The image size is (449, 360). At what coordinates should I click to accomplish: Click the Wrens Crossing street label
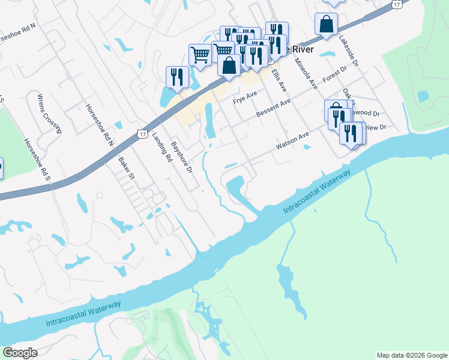[x=49, y=113]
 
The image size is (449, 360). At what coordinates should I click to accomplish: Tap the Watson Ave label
[x=292, y=142]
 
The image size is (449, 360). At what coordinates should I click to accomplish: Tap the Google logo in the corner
[x=20, y=353]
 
